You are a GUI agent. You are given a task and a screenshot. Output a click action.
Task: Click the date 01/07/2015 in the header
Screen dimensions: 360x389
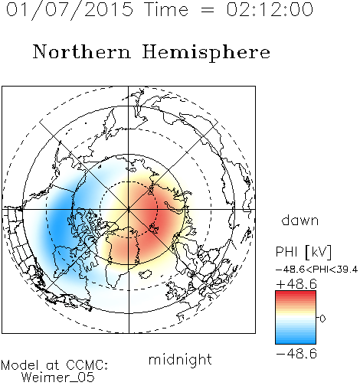[70, 10]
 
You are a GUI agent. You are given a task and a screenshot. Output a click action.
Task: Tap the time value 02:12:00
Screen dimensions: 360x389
[270, 9]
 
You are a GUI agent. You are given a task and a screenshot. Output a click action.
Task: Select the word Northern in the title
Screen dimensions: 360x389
[82, 51]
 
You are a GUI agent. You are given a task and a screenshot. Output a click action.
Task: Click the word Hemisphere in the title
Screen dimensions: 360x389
[206, 53]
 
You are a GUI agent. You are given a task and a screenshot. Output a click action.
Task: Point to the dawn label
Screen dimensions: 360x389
[300, 220]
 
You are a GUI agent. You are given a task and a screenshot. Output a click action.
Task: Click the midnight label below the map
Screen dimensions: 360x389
[180, 359]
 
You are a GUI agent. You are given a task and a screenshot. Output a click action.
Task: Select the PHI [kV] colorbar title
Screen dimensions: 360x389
[304, 252]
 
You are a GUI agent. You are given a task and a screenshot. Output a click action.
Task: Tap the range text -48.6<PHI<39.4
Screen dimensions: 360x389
[316, 270]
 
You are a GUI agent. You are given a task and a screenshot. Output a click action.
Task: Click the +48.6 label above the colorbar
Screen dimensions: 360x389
[296, 284]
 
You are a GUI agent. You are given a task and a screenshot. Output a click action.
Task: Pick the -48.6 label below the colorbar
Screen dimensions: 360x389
[296, 354]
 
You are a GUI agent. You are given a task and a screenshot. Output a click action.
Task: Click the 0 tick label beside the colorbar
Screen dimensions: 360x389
[322, 319]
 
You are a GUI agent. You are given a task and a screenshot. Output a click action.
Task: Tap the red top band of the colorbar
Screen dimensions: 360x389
[296, 294]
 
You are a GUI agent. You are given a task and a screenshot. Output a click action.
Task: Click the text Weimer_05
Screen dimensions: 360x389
[57, 378]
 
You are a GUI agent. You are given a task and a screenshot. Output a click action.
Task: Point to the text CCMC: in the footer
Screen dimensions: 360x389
[87, 365]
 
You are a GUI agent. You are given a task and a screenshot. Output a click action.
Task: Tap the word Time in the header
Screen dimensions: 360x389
[166, 10]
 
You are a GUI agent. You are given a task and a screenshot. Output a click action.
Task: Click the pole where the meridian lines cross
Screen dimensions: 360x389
[129, 209]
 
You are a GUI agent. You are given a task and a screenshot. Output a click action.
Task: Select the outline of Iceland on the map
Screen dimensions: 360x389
[145, 274]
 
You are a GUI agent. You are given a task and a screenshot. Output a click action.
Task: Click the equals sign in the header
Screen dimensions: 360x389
[207, 11]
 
